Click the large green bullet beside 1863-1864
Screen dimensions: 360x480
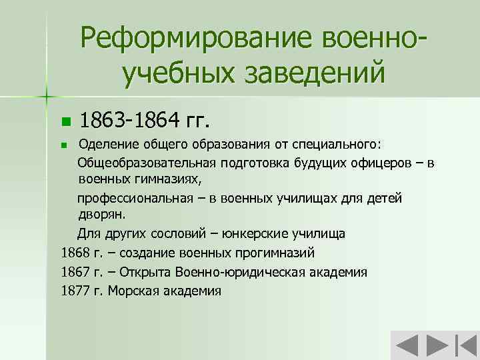tap(65, 122)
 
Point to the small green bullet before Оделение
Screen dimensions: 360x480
tap(64, 145)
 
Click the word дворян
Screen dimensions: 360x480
tap(100, 215)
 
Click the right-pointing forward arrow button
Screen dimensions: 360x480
tap(436, 346)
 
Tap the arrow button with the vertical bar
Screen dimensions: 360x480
tap(465, 346)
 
